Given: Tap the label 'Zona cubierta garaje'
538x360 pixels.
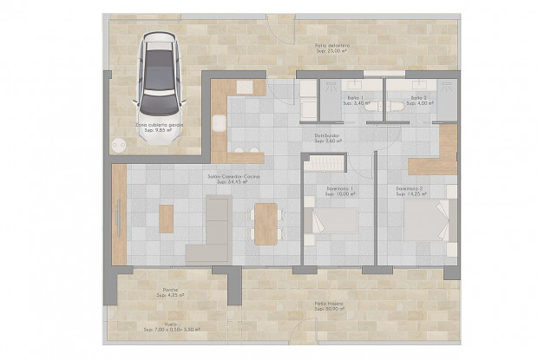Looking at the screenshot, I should [159, 125].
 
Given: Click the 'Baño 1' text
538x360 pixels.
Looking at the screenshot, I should [355, 98].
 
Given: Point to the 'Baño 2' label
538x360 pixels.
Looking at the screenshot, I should [419, 98].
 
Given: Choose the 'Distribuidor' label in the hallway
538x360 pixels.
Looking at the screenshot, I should [328, 135].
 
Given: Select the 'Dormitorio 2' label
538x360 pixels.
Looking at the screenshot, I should [409, 188].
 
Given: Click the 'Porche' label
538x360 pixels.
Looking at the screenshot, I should [170, 291].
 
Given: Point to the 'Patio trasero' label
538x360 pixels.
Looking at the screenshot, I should [330, 304].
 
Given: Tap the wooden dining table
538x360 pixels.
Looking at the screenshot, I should [266, 220].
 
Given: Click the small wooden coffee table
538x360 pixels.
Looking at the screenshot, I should [166, 218].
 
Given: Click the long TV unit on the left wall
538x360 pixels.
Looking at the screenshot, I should [119, 214].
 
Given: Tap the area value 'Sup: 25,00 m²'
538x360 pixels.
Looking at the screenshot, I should [331, 52].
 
